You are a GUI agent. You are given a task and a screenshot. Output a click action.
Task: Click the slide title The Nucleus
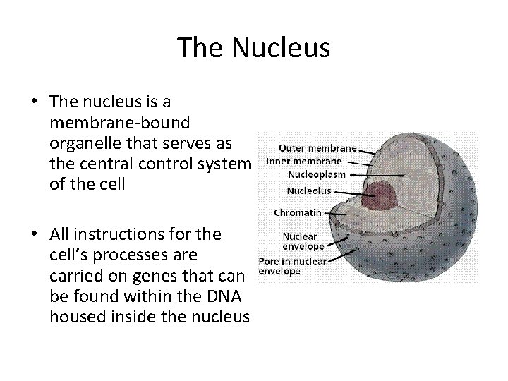tap(253, 48)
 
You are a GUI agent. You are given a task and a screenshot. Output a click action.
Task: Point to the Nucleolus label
tap(309, 190)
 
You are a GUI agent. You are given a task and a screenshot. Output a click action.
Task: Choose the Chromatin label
tap(297, 212)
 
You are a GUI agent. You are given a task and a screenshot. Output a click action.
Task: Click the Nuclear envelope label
tap(303, 241)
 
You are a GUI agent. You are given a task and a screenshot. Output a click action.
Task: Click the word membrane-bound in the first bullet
tap(119, 123)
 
